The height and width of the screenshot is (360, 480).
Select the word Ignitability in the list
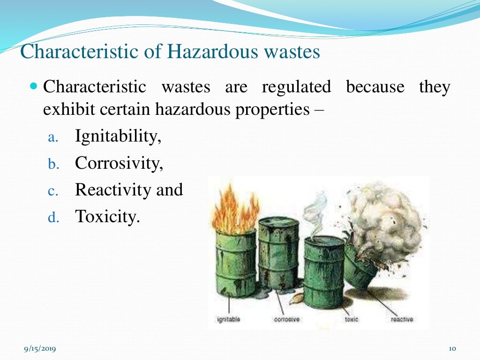pyautogui.click(x=118, y=136)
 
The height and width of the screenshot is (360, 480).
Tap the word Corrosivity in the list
pyautogui.click(x=119, y=163)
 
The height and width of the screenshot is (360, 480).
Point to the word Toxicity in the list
pyautogui.click(x=107, y=217)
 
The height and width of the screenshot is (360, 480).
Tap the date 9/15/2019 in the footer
pyautogui.click(x=40, y=348)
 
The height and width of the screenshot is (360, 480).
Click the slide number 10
pyautogui.click(x=452, y=348)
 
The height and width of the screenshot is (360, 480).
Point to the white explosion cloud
pyautogui.click(x=384, y=220)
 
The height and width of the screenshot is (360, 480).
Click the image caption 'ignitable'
pyautogui.click(x=229, y=320)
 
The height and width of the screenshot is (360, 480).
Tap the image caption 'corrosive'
pyautogui.click(x=286, y=320)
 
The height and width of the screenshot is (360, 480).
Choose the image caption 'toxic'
pyautogui.click(x=351, y=320)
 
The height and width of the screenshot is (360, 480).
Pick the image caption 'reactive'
pyautogui.click(x=402, y=320)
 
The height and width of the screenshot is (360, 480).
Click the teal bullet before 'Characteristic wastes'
pyautogui.click(x=33, y=87)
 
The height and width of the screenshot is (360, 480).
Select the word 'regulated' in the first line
pyautogui.click(x=296, y=87)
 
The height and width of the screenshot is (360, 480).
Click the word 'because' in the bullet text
pyautogui.click(x=375, y=87)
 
